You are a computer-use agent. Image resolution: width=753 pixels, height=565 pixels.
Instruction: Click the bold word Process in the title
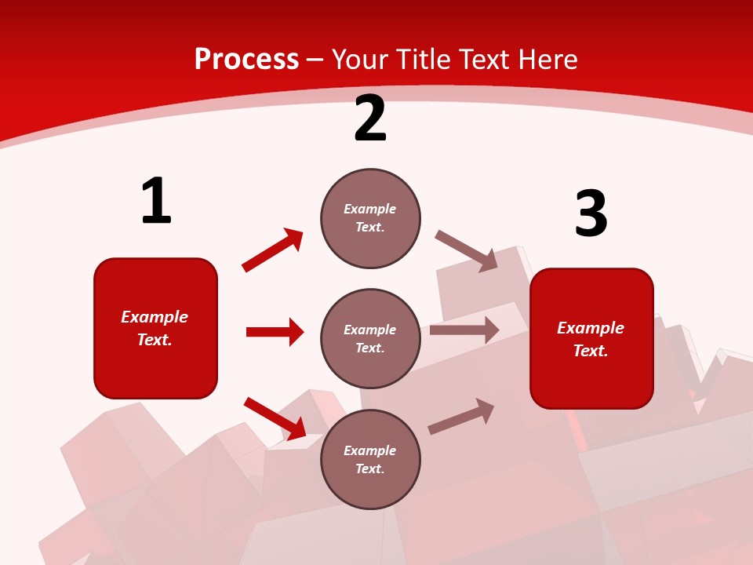(x=246, y=60)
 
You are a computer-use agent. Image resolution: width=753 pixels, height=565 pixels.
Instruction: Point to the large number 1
(x=156, y=202)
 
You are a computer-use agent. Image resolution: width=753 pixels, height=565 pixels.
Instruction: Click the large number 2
(x=370, y=119)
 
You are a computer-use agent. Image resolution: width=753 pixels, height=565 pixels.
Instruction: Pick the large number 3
(x=591, y=214)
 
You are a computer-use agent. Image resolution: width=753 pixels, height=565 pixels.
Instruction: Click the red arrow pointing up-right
(x=273, y=250)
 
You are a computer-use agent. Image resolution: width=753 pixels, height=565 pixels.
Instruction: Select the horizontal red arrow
(x=275, y=332)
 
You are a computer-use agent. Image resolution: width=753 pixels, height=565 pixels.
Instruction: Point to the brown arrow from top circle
(x=467, y=251)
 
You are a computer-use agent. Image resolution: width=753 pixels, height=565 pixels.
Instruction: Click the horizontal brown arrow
(x=464, y=330)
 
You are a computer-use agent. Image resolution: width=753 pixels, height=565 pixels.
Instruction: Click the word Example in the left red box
(x=155, y=317)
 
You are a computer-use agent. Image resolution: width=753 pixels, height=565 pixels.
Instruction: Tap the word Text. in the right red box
(x=591, y=351)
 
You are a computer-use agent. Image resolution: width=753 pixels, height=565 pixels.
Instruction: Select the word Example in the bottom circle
(x=370, y=450)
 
